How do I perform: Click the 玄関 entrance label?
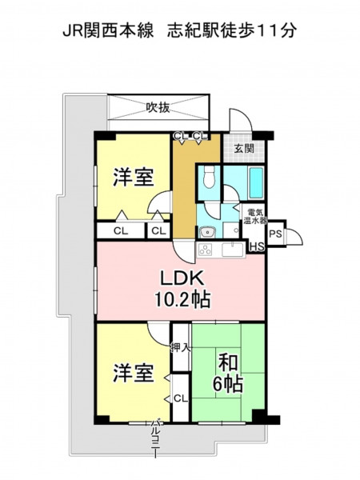click(244, 149)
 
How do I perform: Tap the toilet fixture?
click(209, 178)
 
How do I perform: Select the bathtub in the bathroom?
click(256, 182)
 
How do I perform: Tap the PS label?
click(275, 234)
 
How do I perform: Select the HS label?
click(257, 247)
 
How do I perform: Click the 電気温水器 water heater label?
click(254, 216)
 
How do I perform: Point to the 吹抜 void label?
click(158, 107)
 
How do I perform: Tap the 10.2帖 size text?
click(182, 300)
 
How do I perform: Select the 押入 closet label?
click(181, 347)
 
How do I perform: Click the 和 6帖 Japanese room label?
click(228, 374)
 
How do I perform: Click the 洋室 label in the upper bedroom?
click(134, 178)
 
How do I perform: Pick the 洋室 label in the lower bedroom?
click(134, 373)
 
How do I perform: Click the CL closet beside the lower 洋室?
click(181, 398)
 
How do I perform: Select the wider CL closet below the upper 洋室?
click(121, 231)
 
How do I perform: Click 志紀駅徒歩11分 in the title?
click(232, 30)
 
